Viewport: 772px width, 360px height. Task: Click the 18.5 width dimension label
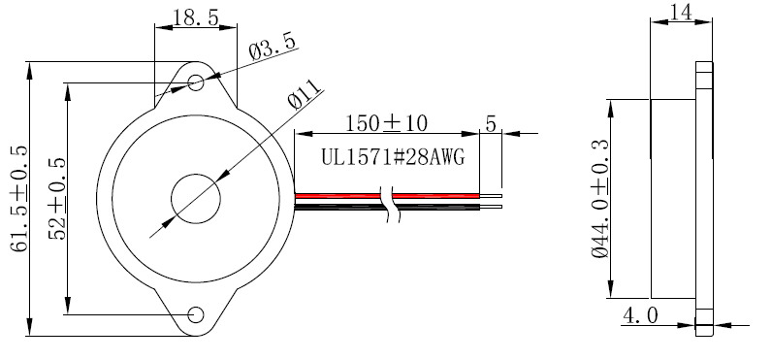[x=196, y=18]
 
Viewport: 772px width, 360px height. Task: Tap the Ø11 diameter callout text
[x=306, y=93]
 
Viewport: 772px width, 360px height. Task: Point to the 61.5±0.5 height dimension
[x=19, y=199]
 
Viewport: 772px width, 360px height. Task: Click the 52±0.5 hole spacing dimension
[x=57, y=199]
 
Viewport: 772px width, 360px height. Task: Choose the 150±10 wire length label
[x=387, y=123]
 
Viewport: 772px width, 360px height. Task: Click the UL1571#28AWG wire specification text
[x=394, y=157]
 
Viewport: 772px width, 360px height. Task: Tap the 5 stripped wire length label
[x=491, y=123]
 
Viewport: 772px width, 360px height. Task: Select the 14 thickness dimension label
[x=682, y=12]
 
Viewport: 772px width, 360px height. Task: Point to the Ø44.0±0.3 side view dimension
[x=600, y=199]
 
